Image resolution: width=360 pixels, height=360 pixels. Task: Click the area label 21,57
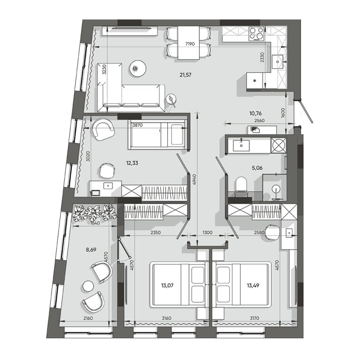click(186, 75)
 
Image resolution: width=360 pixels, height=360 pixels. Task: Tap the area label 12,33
click(132, 163)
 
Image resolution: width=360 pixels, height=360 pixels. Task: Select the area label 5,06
click(257, 168)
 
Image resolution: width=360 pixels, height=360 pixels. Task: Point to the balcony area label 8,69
click(91, 249)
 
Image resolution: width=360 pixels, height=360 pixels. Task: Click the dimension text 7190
click(190, 44)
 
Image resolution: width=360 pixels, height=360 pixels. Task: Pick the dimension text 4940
click(195, 180)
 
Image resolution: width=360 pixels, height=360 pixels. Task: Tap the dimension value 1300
click(207, 232)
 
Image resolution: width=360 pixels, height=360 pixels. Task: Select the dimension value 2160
click(88, 318)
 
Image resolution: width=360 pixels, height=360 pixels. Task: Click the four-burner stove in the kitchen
click(257, 34)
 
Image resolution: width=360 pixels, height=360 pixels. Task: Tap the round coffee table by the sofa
click(138, 68)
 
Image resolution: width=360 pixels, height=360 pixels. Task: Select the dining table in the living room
click(188, 43)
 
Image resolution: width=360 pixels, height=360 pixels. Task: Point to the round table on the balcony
click(88, 286)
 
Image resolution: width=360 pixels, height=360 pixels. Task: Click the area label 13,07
click(167, 285)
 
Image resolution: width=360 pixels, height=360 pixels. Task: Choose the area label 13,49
click(253, 285)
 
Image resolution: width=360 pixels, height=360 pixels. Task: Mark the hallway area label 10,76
click(255, 113)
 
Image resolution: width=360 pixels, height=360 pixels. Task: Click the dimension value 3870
click(137, 125)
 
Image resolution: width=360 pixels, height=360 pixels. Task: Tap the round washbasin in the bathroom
click(276, 189)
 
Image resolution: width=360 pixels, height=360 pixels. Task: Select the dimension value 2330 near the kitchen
click(262, 57)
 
